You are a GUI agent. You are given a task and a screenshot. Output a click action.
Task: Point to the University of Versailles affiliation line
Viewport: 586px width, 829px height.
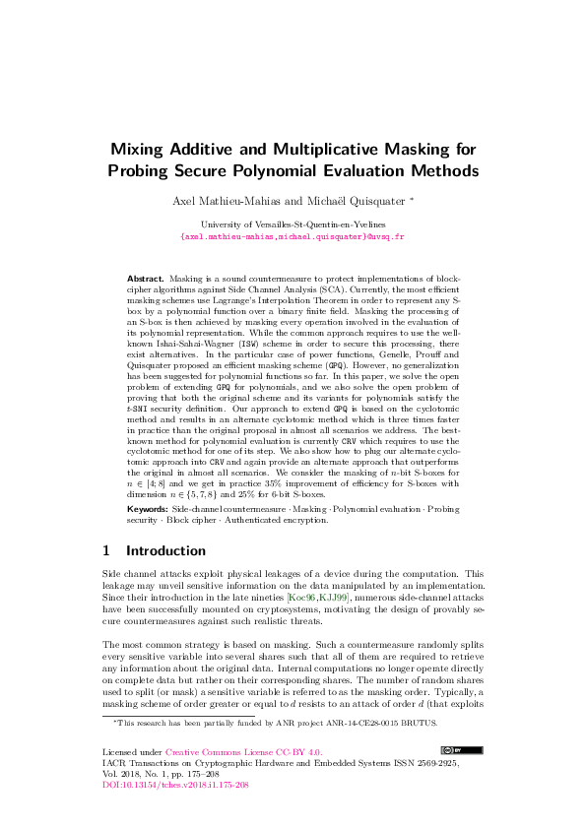[x=293, y=225]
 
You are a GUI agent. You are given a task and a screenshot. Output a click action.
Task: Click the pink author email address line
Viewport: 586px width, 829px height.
[x=293, y=237]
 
